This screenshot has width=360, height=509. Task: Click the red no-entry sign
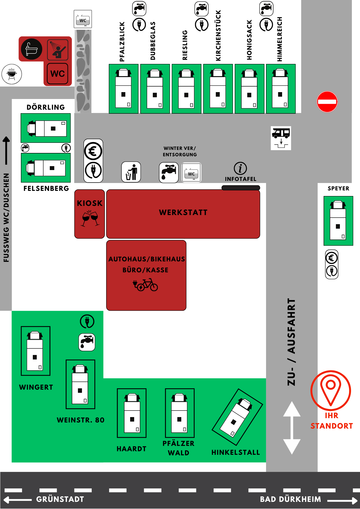[x=327, y=102]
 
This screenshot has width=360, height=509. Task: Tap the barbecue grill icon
[x=12, y=74]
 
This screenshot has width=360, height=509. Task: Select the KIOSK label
[x=90, y=203]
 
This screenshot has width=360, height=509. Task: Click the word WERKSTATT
[x=183, y=213]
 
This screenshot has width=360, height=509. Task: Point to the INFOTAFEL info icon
[x=240, y=168]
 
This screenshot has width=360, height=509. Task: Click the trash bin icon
[x=131, y=172]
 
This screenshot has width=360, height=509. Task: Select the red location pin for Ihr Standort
[x=330, y=390]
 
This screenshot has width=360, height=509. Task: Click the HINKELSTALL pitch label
[x=236, y=452]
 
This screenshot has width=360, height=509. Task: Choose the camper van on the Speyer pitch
[x=338, y=220]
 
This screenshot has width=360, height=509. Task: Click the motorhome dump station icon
[x=281, y=138]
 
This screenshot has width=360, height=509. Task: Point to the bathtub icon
[x=32, y=49]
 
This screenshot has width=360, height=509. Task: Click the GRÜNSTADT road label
[x=60, y=499]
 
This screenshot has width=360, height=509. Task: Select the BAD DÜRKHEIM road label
[x=290, y=499]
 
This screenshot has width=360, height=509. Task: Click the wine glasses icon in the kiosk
[x=90, y=218]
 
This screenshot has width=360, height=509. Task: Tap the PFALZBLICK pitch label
[x=122, y=42]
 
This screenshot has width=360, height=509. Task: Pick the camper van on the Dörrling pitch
[x=47, y=128]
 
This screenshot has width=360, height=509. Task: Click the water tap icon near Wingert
[x=87, y=342]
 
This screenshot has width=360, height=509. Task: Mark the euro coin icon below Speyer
[x=331, y=258]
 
